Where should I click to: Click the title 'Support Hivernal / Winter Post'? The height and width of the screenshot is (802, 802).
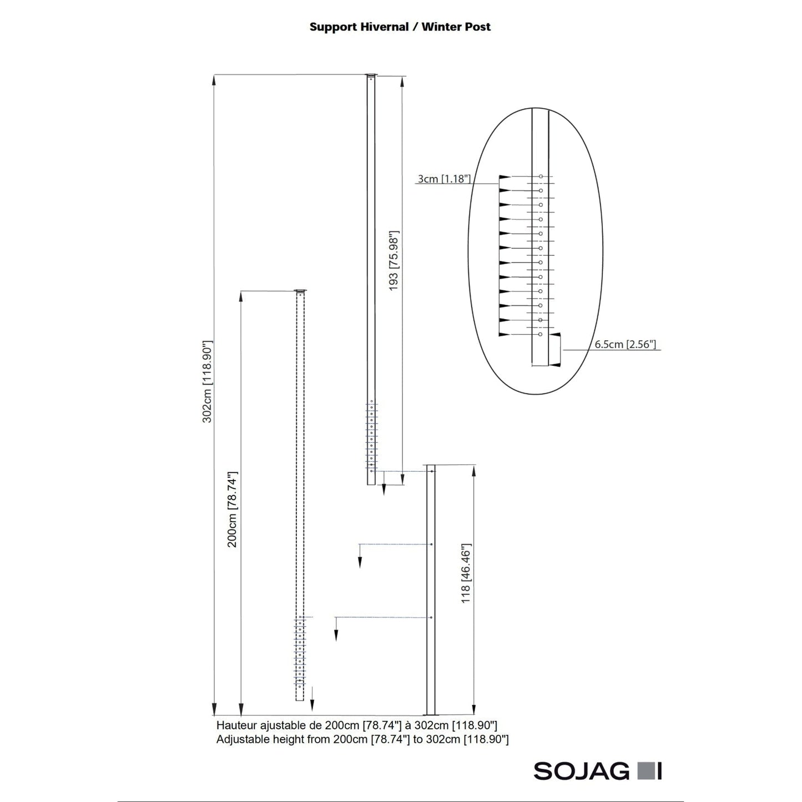tap(400, 27)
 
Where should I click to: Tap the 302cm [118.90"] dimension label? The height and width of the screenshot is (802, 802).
tap(208, 382)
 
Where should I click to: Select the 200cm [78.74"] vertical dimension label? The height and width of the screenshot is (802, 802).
tap(233, 510)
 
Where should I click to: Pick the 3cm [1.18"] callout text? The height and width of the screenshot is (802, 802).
tap(444, 179)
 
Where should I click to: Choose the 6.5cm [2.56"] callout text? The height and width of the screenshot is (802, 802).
tap(625, 345)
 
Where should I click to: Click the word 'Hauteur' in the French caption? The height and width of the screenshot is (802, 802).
tap(237, 725)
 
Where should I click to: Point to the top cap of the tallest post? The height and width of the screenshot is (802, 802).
tap(371, 75)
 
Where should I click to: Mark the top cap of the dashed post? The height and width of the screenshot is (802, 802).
tap(300, 290)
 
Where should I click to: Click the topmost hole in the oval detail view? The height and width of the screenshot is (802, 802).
tap(541, 176)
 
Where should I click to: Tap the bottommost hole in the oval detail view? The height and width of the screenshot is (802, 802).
tap(541, 334)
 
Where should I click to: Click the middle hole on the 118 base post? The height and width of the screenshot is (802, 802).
tap(432, 544)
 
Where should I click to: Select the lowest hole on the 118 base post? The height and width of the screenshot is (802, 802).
tap(432, 617)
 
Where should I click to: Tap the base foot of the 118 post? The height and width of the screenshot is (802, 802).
tap(430, 714)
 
